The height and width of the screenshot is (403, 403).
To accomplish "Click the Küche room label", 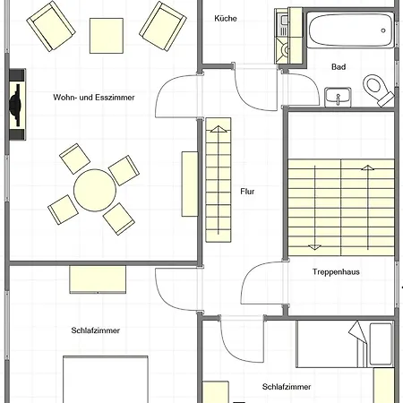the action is (226, 19).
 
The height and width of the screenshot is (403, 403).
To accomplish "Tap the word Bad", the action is (339, 67).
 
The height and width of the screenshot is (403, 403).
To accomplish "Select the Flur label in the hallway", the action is (247, 192).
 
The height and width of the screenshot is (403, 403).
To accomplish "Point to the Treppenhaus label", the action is (336, 272).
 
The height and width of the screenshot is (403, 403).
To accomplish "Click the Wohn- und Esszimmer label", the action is (94, 98).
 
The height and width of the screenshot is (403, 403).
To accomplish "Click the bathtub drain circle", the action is (383, 30).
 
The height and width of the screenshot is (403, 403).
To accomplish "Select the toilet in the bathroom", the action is (378, 90).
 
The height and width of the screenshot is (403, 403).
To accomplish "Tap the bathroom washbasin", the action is (338, 97).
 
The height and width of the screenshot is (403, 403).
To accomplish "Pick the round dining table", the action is (95, 191).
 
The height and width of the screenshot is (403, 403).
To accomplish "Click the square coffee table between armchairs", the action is (107, 36).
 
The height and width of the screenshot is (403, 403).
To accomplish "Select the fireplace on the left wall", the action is (17, 105).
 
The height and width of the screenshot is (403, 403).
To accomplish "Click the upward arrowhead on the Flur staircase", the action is (219, 129).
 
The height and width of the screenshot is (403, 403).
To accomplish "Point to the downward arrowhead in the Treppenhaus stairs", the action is (314, 247).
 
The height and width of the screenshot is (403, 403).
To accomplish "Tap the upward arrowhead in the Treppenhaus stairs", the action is (368, 167).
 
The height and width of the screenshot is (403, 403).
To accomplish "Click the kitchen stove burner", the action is (286, 50).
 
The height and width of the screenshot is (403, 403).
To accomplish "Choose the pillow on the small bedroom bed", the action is (381, 344).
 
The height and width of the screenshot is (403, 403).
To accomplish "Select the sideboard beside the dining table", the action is (190, 184).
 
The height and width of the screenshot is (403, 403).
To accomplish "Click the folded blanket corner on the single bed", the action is (358, 331).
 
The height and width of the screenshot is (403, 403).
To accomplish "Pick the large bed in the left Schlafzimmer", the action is (106, 380).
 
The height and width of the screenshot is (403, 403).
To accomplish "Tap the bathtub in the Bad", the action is (350, 30).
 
